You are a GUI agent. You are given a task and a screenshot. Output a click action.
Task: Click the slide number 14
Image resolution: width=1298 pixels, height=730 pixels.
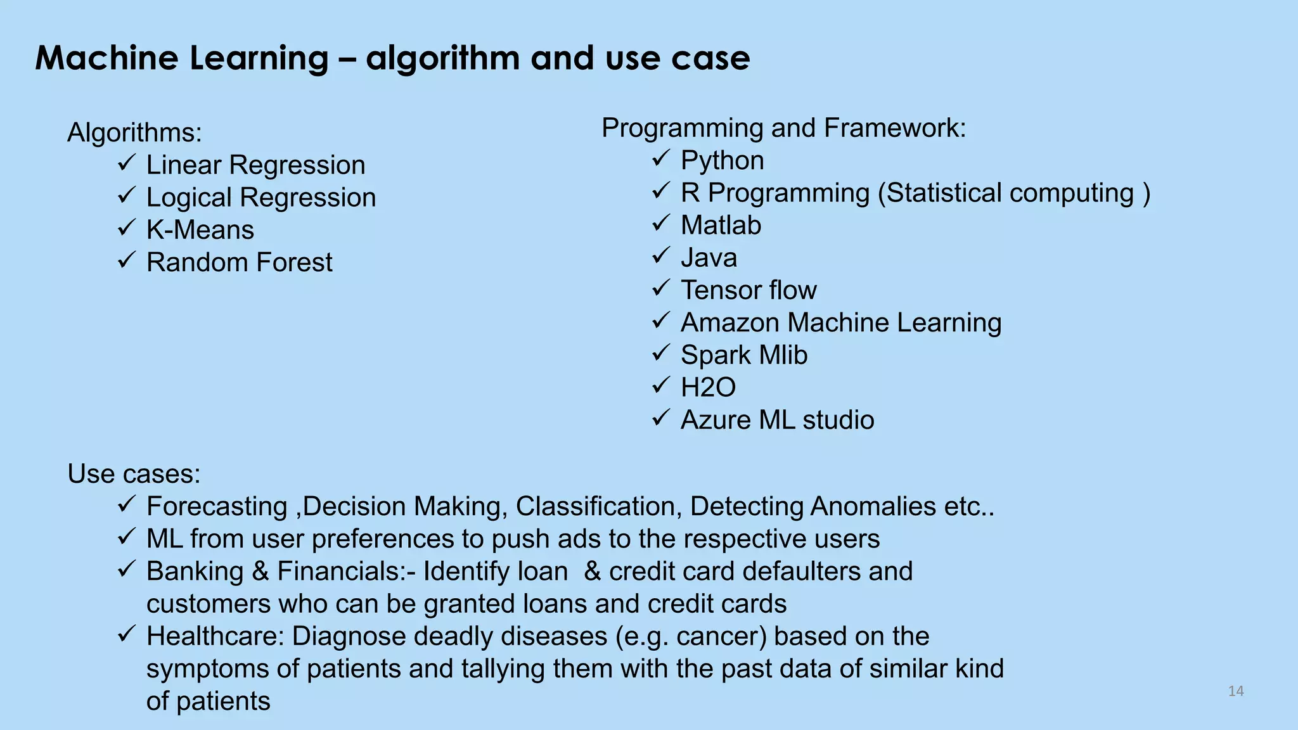(x=1235, y=691)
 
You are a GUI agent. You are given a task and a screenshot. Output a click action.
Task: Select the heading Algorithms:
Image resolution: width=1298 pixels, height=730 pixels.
(x=134, y=133)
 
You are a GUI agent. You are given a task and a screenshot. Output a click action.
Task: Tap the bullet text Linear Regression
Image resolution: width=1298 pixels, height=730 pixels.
(x=255, y=165)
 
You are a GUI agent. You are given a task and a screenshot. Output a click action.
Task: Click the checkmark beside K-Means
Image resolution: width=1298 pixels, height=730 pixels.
(x=127, y=227)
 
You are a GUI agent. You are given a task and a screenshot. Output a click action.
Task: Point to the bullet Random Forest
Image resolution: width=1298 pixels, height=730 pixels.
(x=239, y=262)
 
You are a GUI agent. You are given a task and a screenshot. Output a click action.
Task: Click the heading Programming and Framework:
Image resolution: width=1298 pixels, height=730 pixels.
(x=783, y=128)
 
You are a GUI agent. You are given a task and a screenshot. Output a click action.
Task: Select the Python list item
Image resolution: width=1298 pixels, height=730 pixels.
(x=722, y=160)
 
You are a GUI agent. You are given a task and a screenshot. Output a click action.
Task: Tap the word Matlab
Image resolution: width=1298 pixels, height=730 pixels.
(x=721, y=226)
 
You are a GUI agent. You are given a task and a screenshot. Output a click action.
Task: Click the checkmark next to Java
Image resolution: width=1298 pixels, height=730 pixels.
(x=661, y=255)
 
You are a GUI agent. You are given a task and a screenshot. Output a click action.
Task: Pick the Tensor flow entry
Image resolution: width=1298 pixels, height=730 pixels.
(x=749, y=290)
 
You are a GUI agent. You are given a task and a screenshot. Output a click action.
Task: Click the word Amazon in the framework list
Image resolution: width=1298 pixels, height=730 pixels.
(x=730, y=323)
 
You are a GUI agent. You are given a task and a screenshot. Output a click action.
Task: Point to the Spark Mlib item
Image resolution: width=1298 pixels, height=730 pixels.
(x=743, y=355)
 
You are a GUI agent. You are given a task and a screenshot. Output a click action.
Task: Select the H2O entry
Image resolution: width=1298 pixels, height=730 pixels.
(x=708, y=388)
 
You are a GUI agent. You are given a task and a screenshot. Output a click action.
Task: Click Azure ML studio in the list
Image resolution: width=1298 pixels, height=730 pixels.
(x=777, y=420)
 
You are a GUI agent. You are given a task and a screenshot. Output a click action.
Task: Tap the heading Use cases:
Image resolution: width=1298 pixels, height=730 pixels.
(x=134, y=474)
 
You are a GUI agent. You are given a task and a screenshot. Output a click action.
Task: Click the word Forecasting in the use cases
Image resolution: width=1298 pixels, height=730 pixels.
(x=217, y=506)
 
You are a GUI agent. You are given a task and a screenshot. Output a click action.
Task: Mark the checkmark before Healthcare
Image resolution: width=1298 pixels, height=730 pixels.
(x=127, y=634)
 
